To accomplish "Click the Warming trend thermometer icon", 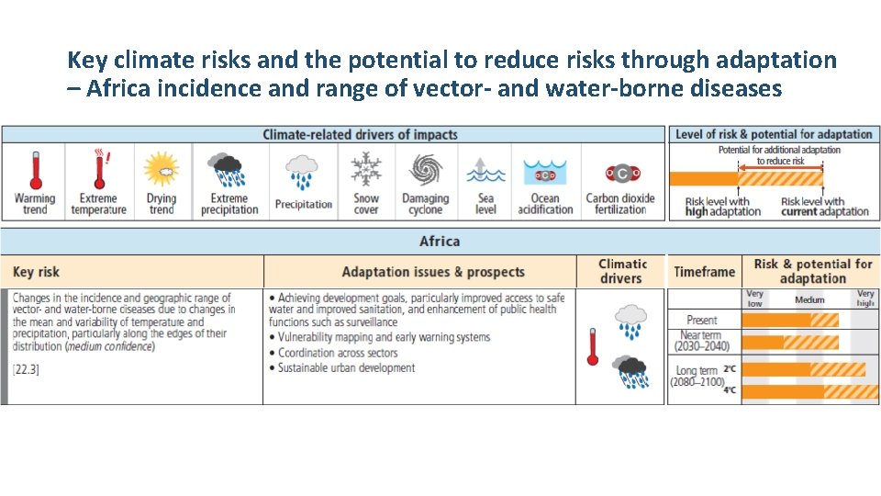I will coord(35,170).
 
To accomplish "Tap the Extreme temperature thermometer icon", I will coord(98,170).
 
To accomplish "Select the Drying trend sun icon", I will coord(162,170).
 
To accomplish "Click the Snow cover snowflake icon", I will coord(366,169).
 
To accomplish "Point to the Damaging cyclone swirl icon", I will coord(425,170).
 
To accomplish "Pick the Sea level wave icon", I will coord(485,171).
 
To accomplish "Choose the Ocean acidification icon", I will coord(545,173).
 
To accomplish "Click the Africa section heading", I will coord(440,242).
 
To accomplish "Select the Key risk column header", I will coord(37,272).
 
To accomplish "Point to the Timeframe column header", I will coord(704,272).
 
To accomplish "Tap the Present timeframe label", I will coord(702,320).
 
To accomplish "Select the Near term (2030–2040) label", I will coord(702,342).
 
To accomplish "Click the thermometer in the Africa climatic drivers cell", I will coord(593,347).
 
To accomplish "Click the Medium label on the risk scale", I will coord(809,299).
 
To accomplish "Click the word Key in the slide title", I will coord(86,61).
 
